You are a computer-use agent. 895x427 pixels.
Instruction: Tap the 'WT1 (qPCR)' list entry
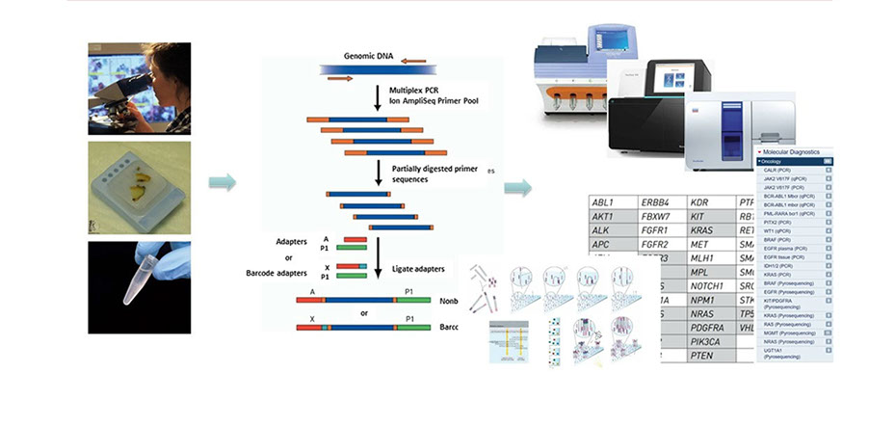[x=782, y=231]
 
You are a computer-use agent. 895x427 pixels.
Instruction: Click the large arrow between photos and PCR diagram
[x=223, y=182]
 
